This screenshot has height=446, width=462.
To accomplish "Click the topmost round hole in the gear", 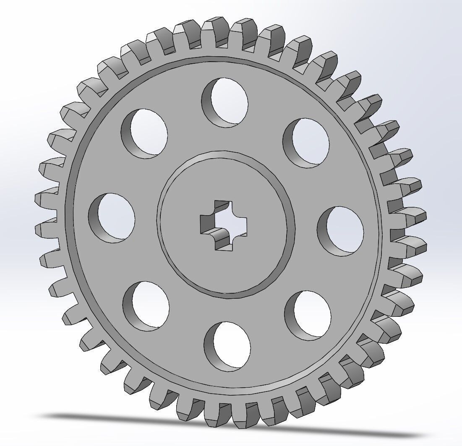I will click(227, 102).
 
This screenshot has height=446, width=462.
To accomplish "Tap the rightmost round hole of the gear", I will click(342, 231).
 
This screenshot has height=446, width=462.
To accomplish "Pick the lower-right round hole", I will click(310, 315).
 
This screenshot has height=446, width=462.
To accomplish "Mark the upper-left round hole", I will click(146, 133).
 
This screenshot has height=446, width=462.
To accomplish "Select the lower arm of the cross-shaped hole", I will click(225, 243).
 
